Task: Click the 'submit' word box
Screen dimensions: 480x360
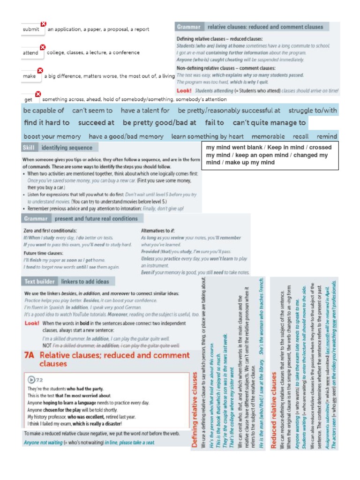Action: [x=32, y=30]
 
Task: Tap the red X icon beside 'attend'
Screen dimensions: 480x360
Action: [x=42, y=47]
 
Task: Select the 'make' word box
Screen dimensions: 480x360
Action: [x=30, y=76]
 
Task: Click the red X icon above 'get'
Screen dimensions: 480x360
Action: [x=38, y=94]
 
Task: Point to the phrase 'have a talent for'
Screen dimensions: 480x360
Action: [x=145, y=111]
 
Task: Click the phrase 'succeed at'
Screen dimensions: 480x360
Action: [x=96, y=123]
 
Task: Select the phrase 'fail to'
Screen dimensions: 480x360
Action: [x=214, y=123]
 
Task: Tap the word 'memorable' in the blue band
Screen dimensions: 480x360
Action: [x=268, y=136]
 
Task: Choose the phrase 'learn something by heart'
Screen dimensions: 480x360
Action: [x=208, y=136]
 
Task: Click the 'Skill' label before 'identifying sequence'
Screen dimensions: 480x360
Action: [x=29, y=148]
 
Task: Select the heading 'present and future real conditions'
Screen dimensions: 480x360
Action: [x=96, y=218]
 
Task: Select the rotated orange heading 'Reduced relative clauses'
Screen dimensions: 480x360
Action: [x=274, y=409]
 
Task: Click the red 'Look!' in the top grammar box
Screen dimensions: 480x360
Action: [x=184, y=90]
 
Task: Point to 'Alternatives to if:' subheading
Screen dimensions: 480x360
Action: [x=158, y=231]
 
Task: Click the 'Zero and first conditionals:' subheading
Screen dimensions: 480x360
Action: [x=50, y=231]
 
